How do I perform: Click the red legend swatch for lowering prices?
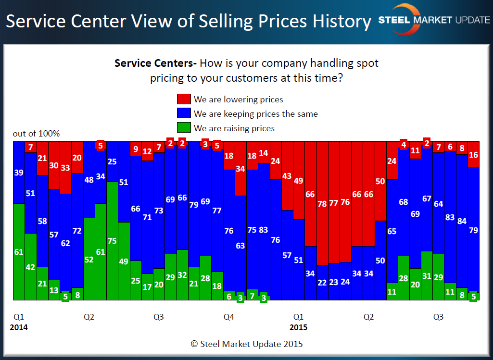[184, 99]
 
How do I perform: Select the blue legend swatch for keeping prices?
[184, 114]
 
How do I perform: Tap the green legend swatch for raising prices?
[184, 128]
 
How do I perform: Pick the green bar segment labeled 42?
[31, 267]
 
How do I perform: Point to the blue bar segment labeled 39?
[19, 172]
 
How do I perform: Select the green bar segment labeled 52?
[89, 259]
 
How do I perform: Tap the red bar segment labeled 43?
[287, 176]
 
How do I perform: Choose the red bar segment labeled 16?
[473, 154]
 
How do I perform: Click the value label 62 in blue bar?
[66, 243]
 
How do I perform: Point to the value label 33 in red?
[66, 168]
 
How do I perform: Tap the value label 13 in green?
[54, 290]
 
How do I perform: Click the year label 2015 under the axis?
[298, 328]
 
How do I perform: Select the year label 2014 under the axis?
[19, 328]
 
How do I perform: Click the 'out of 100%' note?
[36, 134]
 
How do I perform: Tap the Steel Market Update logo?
[433, 20]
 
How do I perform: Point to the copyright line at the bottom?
[247, 344]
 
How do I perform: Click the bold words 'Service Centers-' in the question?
[155, 63]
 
